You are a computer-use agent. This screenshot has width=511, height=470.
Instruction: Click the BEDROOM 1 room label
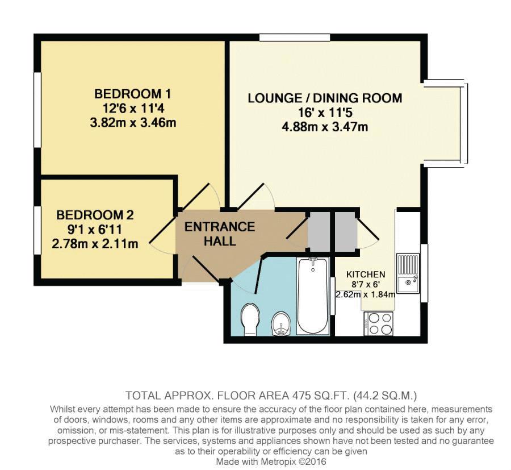[x=133, y=94]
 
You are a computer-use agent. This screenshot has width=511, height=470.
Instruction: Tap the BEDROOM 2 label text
[x=95, y=215]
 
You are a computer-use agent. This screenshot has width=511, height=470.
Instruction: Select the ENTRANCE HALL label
[x=220, y=234]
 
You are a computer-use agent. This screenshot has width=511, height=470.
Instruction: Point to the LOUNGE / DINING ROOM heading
[x=325, y=98]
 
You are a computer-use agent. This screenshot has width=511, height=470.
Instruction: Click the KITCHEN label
[x=366, y=274]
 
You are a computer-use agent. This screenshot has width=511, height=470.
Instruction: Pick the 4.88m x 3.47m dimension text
[x=325, y=127]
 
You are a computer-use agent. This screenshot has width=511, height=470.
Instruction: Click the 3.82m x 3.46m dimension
[x=133, y=123]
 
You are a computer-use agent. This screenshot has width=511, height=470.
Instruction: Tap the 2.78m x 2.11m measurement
[x=95, y=243]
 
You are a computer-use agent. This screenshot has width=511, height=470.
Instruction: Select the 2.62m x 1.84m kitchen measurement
[x=366, y=294]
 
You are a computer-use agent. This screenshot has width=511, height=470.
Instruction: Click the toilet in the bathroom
[x=250, y=319]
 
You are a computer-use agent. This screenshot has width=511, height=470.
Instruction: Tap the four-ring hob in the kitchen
[x=378, y=323]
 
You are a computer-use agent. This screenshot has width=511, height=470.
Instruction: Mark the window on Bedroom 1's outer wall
[x=38, y=109]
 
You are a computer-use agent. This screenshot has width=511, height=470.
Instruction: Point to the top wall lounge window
[x=295, y=37]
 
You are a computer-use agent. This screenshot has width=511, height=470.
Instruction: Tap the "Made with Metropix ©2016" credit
[x=271, y=462]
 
